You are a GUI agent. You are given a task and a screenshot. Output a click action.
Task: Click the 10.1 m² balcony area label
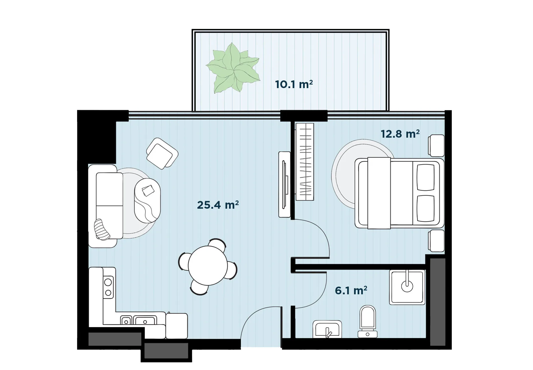pos(294,84)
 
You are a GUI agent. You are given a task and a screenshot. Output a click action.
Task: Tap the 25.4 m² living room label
pos(218,205)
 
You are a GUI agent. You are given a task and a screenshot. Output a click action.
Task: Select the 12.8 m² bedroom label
pos(400,134)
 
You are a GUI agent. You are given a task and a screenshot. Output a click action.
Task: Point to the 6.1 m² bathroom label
pos(351,290)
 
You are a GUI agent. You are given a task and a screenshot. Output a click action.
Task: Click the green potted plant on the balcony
pos(233,68)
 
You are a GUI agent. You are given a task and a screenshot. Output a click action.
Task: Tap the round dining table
pos(208,266)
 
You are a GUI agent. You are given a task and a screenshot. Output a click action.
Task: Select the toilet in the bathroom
pos(367,321)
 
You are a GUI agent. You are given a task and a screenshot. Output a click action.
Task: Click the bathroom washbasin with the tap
pos(327,329)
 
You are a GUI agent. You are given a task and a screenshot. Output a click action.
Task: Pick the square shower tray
pos(407,287)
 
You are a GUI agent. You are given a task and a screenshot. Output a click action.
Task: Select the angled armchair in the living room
pos(162,153)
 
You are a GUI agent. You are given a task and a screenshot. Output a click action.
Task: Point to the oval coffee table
pos(147,200)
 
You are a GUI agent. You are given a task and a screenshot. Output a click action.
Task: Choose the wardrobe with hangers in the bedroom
pos(305,162)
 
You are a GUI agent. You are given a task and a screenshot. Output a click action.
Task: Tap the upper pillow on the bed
pos(426,177)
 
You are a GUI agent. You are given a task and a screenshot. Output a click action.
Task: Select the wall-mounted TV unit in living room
pos(284,184)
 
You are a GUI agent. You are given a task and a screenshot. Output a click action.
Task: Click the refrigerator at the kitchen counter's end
pos(176,326)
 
